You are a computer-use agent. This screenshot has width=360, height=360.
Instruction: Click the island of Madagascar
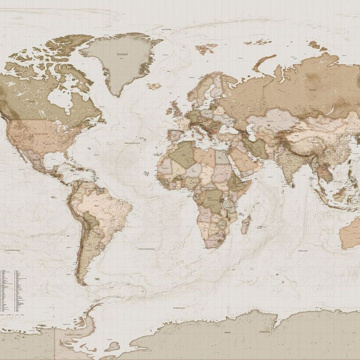(x=245, y=224)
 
